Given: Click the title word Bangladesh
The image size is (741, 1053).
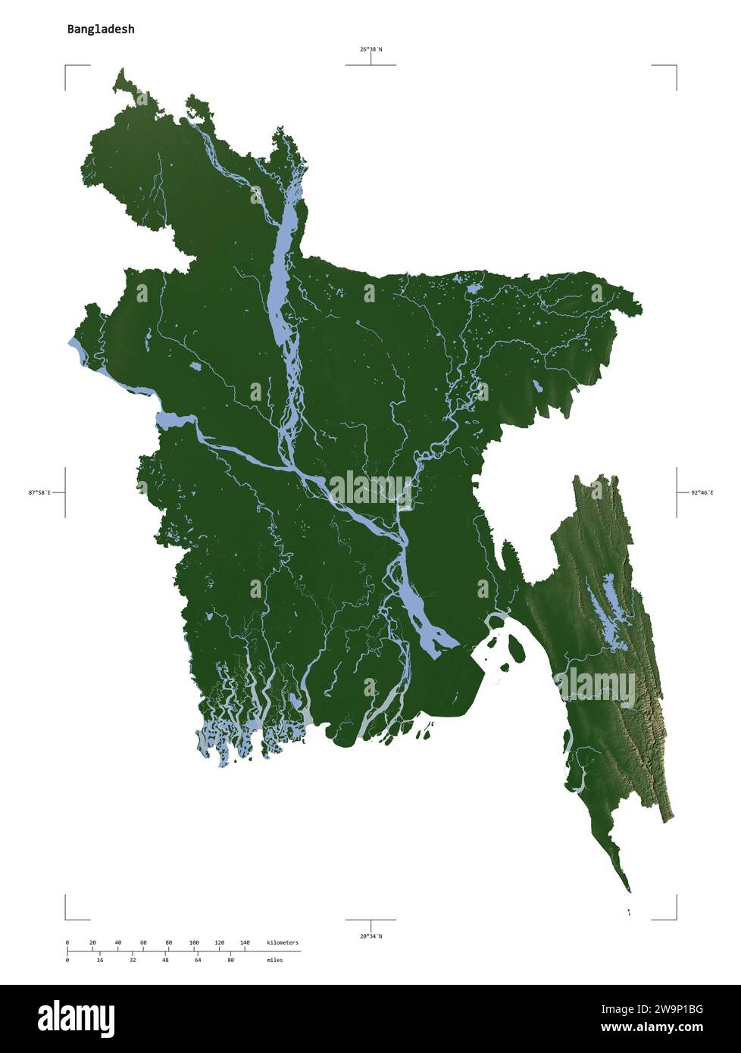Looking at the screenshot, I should pyautogui.click(x=101, y=30).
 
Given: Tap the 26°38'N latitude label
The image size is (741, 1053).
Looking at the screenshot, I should pyautogui.click(x=370, y=49).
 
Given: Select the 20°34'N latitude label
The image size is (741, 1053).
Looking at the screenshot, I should pyautogui.click(x=370, y=936).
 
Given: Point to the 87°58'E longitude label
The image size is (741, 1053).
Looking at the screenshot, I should pyautogui.click(x=39, y=492).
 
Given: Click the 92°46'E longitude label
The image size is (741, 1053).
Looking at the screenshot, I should pyautogui.click(x=702, y=492).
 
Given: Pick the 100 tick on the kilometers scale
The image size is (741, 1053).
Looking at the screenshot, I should pyautogui.click(x=194, y=943).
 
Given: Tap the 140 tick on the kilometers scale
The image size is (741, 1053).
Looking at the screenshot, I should pyautogui.click(x=245, y=943).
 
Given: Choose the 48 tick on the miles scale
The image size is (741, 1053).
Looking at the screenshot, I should pyautogui.click(x=165, y=960).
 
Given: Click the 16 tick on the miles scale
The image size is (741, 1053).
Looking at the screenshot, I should pyautogui.click(x=100, y=960).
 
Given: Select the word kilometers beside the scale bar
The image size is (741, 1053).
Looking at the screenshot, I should pyautogui.click(x=283, y=943).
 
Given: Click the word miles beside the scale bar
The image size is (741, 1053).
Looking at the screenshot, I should pyautogui.click(x=274, y=960).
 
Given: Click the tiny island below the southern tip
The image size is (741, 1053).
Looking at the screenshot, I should pyautogui.click(x=629, y=912).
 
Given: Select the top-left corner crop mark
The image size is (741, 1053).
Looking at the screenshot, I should pyautogui.click(x=66, y=67).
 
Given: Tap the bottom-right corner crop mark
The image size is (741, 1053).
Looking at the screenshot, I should pyautogui.click(x=675, y=918).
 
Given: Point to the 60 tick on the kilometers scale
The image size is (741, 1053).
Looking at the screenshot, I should pyautogui.click(x=143, y=943).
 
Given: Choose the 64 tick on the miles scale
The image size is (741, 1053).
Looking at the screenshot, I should pyautogui.click(x=198, y=960).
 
